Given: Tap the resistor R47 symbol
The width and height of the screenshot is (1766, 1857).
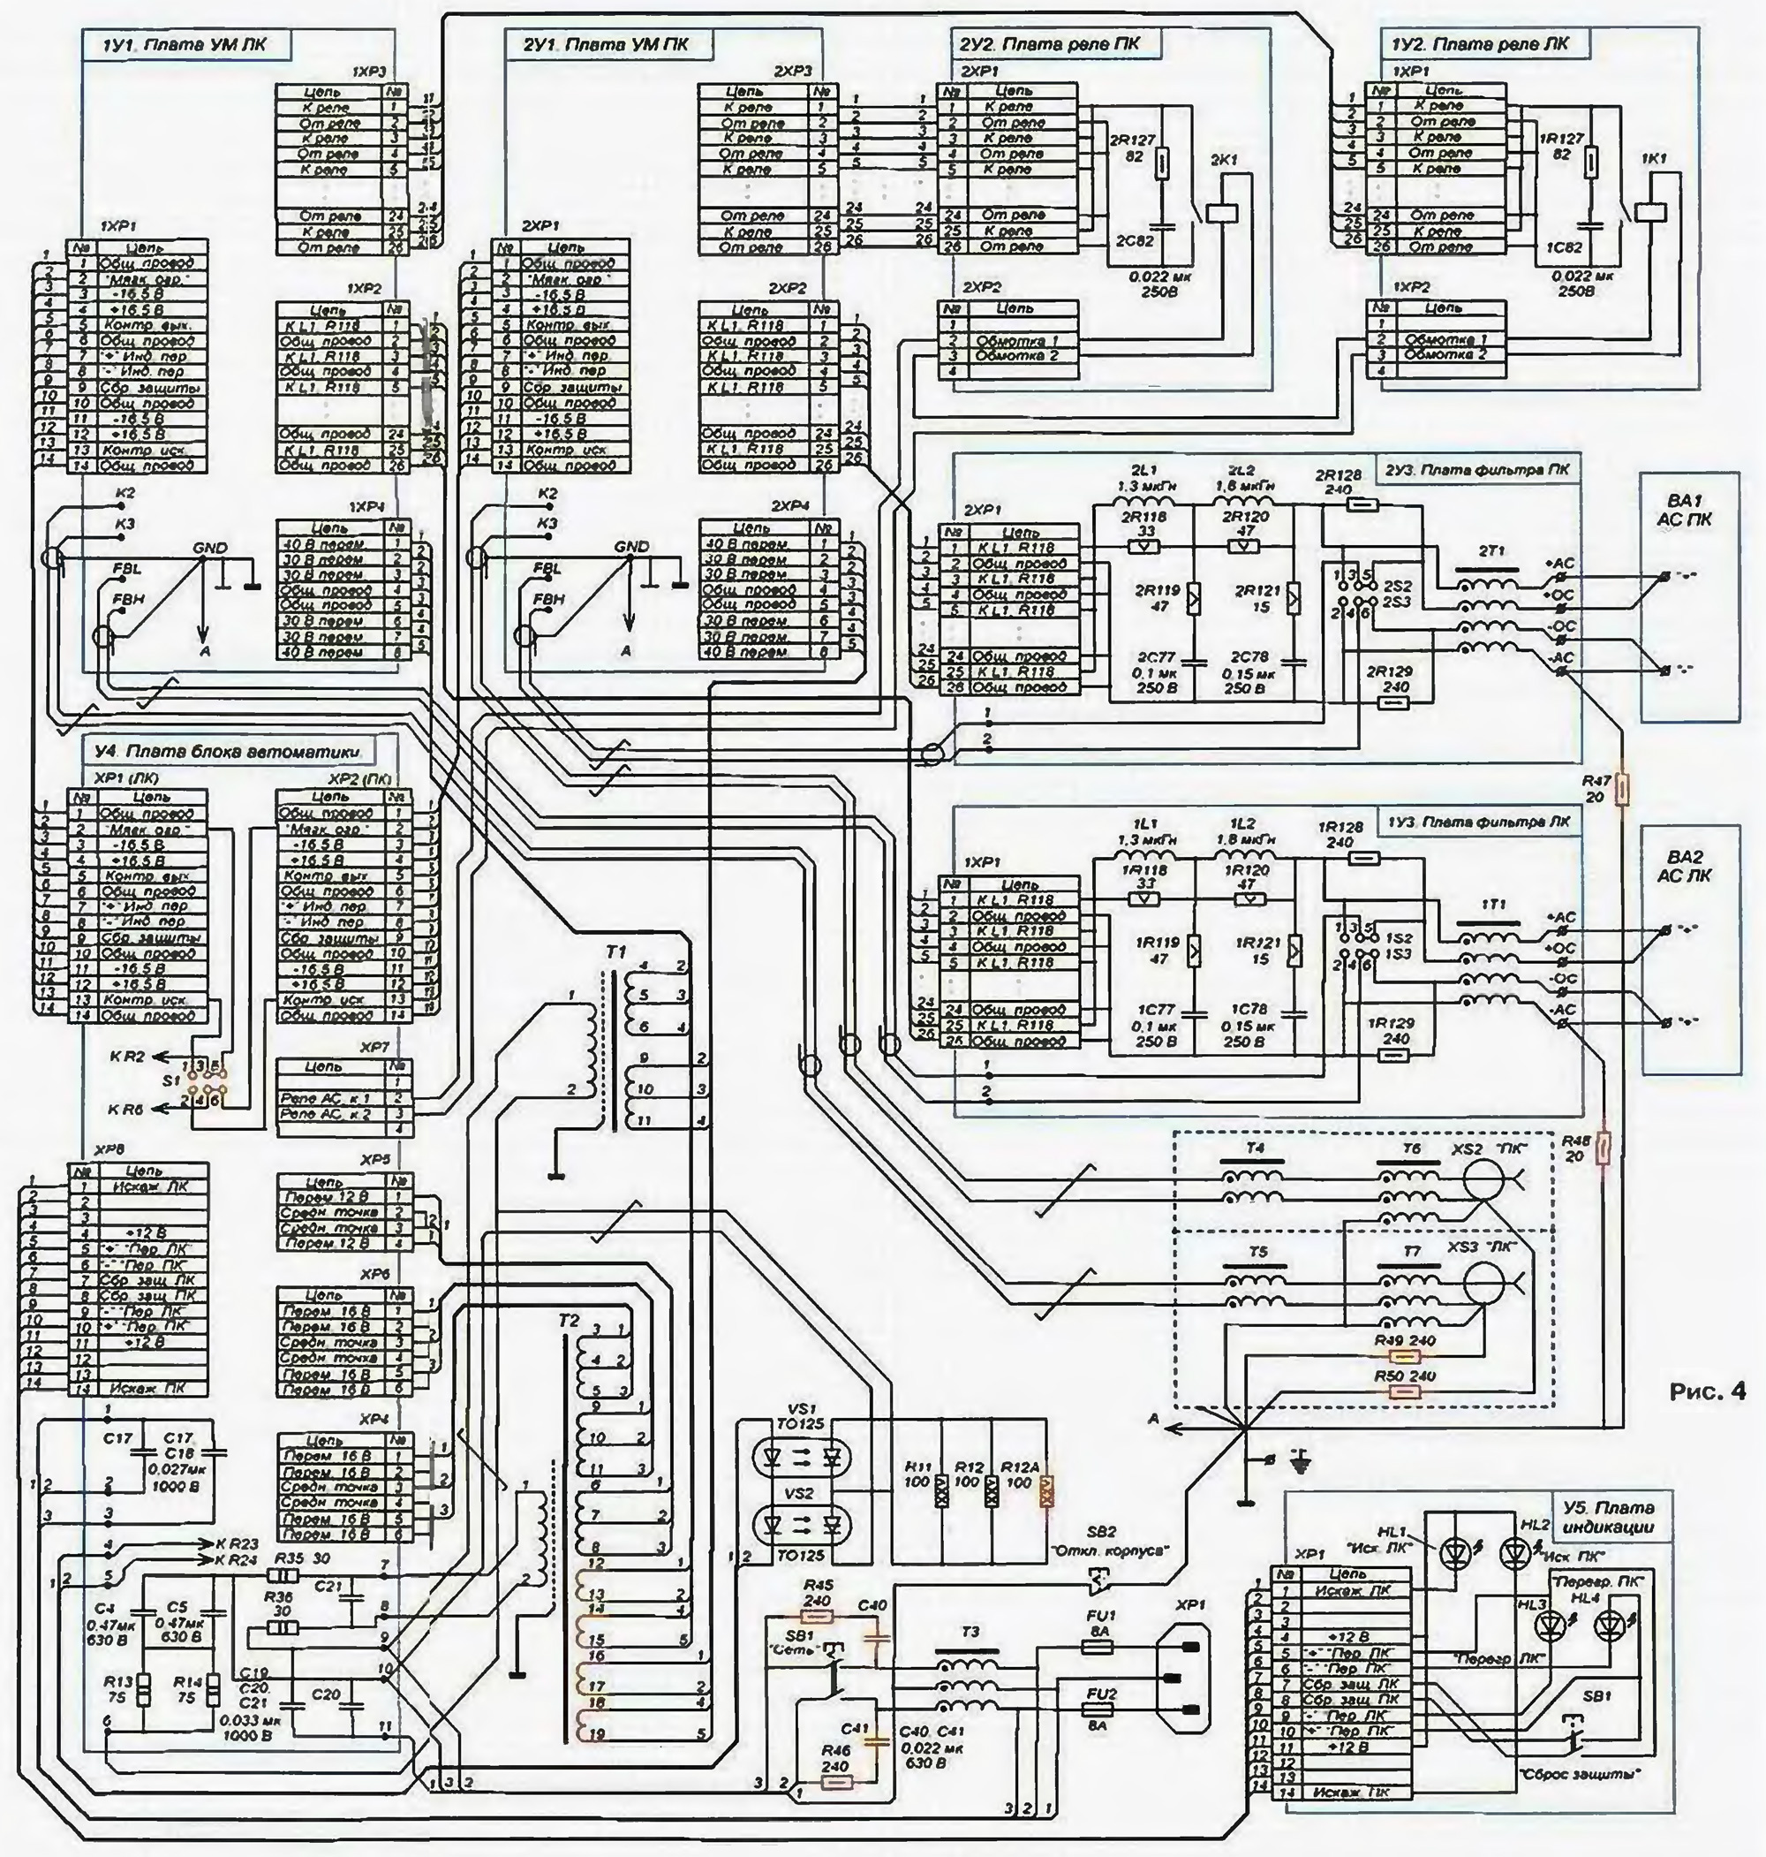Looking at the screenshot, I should [x=1622, y=790].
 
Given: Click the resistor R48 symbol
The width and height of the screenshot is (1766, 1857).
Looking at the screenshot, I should [x=1604, y=1148].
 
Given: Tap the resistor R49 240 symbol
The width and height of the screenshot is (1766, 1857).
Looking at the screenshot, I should [x=1406, y=1356].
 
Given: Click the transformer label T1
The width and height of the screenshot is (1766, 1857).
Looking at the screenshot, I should [x=616, y=953].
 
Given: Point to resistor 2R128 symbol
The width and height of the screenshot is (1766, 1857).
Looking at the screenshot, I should [x=1353, y=505].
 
